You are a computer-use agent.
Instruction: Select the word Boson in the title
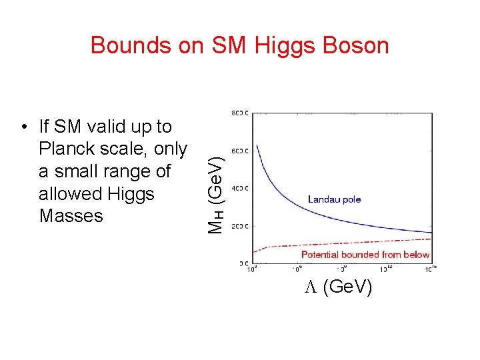353,45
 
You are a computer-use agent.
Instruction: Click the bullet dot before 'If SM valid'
24,127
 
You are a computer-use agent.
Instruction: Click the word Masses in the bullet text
71,216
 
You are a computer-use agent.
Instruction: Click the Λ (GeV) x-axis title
339,287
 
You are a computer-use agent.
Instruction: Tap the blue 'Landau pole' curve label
334,199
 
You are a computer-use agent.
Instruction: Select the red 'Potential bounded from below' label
365,254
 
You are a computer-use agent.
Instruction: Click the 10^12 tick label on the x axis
386,269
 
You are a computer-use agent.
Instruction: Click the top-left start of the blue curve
257,145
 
